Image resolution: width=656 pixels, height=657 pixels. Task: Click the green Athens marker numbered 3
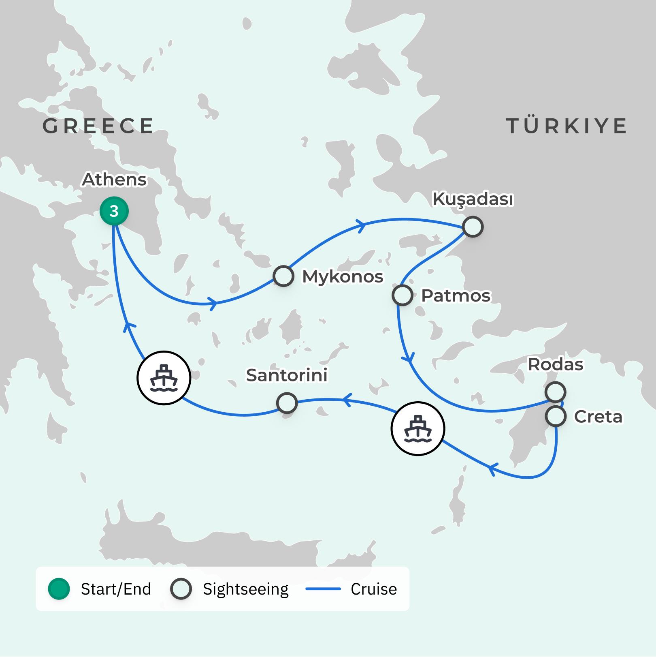[114, 211]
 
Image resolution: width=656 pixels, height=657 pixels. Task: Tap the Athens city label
[114, 180]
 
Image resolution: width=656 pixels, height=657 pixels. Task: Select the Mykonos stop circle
[283, 276]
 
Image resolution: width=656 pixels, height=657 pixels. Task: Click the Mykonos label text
[343, 277]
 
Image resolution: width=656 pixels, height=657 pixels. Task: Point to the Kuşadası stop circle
[473, 227]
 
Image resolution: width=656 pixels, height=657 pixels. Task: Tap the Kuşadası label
[473, 199]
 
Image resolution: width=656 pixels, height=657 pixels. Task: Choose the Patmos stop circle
[403, 295]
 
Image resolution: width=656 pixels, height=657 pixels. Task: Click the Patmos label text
[456, 296]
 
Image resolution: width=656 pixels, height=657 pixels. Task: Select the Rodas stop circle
[555, 392]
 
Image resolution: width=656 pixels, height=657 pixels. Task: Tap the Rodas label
[556, 364]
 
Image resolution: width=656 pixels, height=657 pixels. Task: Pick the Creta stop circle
[556, 416]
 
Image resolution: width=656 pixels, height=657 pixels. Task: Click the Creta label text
[598, 417]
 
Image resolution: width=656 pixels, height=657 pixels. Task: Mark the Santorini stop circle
[287, 403]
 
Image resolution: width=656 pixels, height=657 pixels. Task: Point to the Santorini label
[287, 375]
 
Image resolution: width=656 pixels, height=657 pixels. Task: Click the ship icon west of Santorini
[164, 378]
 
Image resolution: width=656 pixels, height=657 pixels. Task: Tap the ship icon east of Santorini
[418, 428]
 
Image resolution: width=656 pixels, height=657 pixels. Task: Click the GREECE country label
[98, 126]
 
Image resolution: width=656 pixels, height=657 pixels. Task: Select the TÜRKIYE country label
[567, 126]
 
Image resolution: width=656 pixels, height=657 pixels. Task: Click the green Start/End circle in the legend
[59, 589]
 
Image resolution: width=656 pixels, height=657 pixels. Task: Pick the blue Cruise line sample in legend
[323, 589]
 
